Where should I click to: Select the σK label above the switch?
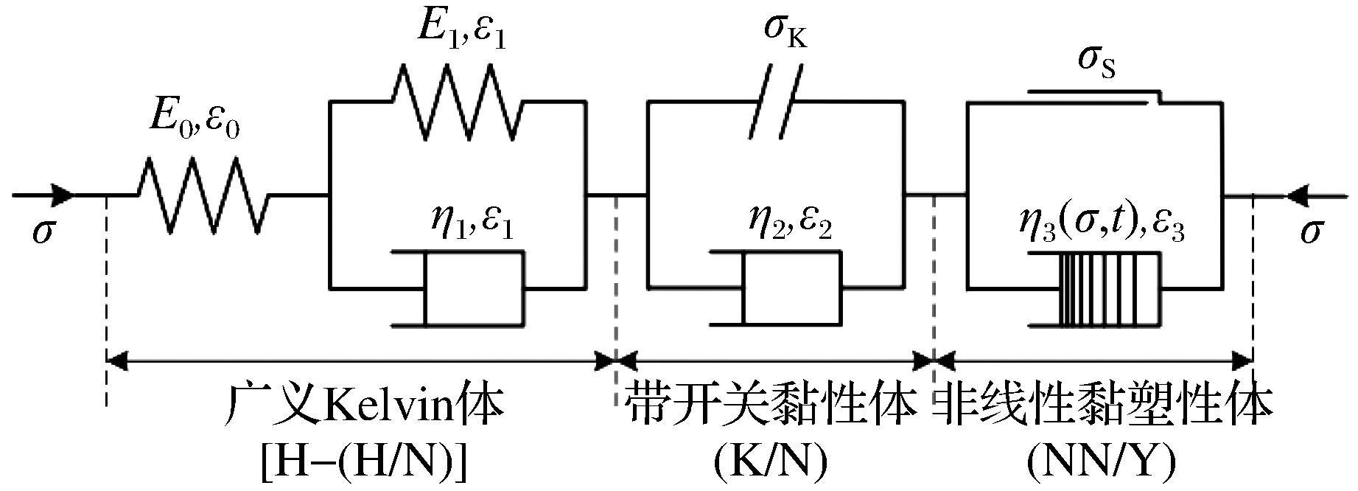[x=783, y=32]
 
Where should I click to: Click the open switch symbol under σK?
[x=774, y=102]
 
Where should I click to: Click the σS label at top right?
[x=1096, y=60]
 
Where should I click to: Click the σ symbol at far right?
[x=1310, y=231]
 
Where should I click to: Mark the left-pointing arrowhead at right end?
[x=1300, y=195]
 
